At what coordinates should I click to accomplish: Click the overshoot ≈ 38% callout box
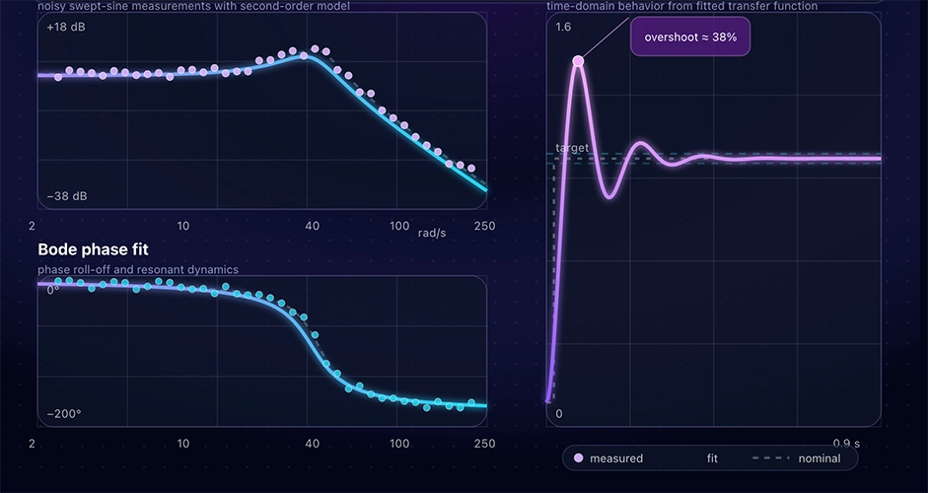(x=690, y=37)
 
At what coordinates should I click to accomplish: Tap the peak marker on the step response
(x=578, y=61)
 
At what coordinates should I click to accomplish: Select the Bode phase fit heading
(x=93, y=249)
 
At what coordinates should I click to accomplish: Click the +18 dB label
(x=67, y=28)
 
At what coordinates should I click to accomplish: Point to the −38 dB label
(x=67, y=196)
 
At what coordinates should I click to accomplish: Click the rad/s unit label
(x=432, y=233)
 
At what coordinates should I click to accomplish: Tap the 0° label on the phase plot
(x=52, y=290)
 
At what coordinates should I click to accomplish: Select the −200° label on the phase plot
(x=63, y=413)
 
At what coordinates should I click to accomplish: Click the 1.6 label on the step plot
(x=563, y=27)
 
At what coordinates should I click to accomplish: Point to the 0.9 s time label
(x=846, y=443)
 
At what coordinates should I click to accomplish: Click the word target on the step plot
(x=572, y=148)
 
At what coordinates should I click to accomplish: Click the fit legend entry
(x=712, y=458)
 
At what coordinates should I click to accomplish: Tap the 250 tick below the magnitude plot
(x=484, y=226)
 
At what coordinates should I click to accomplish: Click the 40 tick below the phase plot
(x=313, y=444)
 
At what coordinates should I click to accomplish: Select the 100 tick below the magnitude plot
(x=399, y=226)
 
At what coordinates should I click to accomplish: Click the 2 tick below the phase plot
(x=33, y=444)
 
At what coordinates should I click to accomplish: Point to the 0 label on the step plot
(x=559, y=413)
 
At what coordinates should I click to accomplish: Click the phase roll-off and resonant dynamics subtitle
(x=138, y=269)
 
